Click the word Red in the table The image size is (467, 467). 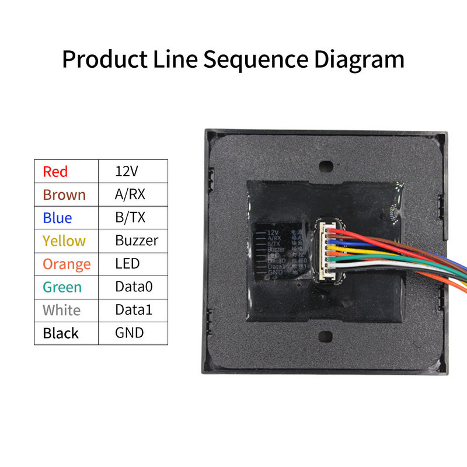point(55,172)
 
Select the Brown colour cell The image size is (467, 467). point(64,194)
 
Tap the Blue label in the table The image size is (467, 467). point(57,218)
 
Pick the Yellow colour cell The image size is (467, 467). point(64,241)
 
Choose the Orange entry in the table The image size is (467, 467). point(67,264)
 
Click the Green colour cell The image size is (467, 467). point(62,287)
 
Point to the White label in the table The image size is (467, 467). point(62,310)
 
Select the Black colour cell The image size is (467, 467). point(61,333)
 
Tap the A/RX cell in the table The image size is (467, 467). point(131,194)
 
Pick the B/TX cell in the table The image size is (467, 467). point(130,218)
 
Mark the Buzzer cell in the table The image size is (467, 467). point(136,241)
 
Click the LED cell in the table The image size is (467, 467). point(127,264)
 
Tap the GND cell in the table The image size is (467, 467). point(129,333)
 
